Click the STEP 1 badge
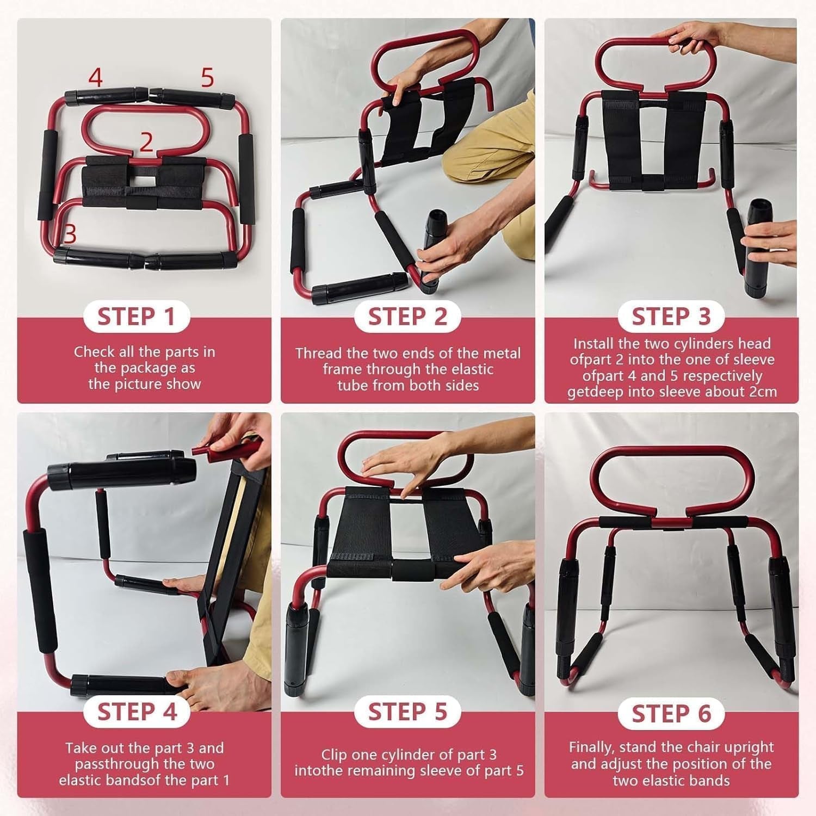(x=136, y=317)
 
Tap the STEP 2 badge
(x=407, y=317)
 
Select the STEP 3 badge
(x=671, y=317)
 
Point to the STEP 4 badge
(x=136, y=712)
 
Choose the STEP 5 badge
(x=407, y=712)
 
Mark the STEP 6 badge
(x=671, y=713)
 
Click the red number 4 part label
(x=95, y=78)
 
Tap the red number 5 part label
(x=207, y=78)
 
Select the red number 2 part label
(x=146, y=142)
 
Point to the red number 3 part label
(x=70, y=234)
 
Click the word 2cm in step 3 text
(x=763, y=392)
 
